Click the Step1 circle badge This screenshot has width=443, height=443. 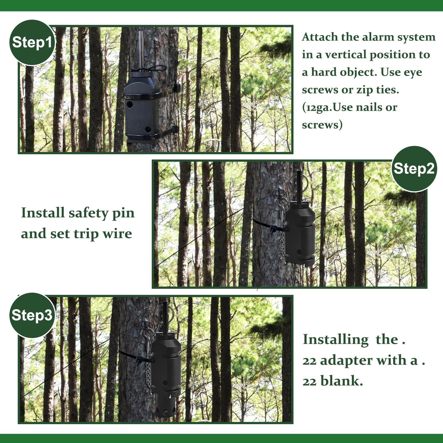pos(32,42)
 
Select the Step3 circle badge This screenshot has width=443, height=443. pos(32,315)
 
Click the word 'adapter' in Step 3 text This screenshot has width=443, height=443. pos(346,361)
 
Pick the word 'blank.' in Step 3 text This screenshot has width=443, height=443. pos(341,381)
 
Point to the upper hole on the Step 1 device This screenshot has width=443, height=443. pos(130,104)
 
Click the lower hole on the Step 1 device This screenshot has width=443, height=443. pos(148,129)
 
